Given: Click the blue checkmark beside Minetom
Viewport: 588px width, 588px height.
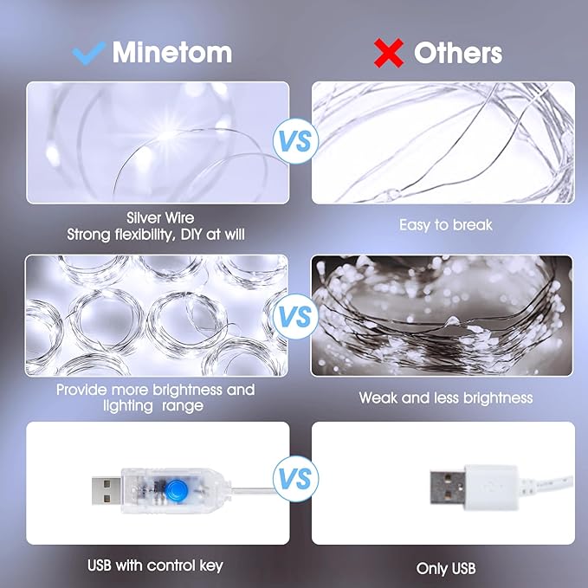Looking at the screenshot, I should [88, 52].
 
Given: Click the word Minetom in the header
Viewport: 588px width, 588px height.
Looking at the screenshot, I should [172, 52].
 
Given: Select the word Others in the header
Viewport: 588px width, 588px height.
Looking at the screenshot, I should [458, 53].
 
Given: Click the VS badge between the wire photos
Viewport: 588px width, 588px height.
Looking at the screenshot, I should [296, 141].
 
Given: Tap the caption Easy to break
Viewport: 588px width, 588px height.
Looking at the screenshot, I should [446, 225].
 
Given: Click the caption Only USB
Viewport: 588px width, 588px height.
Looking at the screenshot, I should [446, 569].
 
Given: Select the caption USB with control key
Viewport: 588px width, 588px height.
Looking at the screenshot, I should [155, 566].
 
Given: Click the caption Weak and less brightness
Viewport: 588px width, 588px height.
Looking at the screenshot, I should [446, 398].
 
